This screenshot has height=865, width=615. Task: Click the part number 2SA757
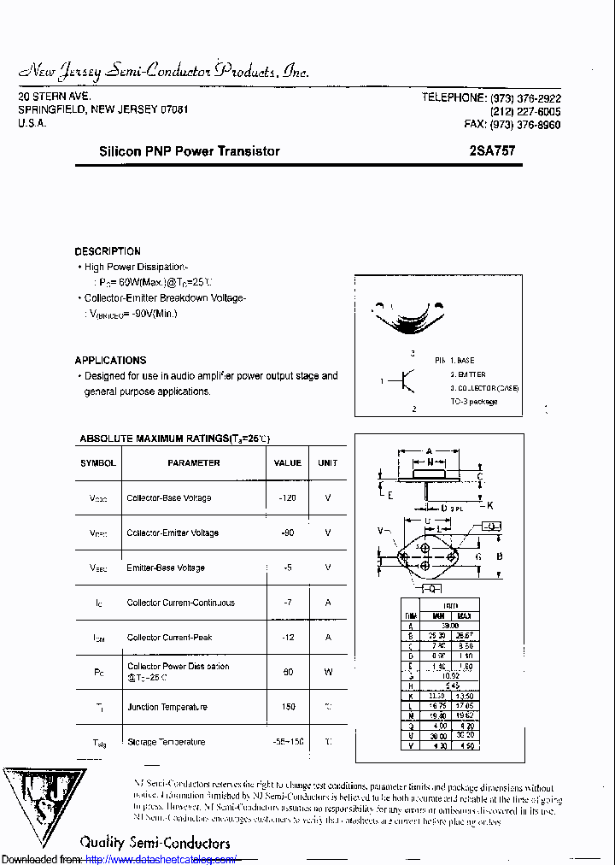click(x=492, y=151)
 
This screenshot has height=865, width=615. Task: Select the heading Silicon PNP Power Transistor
click(x=189, y=151)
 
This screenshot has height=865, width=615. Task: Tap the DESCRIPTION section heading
click(x=108, y=251)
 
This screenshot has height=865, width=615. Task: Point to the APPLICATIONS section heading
click(x=110, y=361)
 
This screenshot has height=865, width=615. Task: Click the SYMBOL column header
click(x=97, y=463)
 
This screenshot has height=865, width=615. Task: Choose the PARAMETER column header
click(x=194, y=463)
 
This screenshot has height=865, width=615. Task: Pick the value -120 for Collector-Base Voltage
click(x=287, y=497)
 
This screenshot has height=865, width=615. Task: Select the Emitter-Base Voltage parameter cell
click(x=166, y=568)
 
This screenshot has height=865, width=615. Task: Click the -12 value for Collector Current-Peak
click(x=287, y=638)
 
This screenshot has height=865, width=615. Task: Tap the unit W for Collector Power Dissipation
click(x=328, y=672)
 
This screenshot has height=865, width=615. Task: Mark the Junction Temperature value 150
click(x=287, y=707)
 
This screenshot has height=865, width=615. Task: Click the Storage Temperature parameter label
click(x=166, y=742)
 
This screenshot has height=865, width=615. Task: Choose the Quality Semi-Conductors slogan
click(x=155, y=843)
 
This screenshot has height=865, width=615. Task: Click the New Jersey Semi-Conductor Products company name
click(x=163, y=71)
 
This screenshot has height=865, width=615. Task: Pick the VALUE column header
click(x=287, y=463)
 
